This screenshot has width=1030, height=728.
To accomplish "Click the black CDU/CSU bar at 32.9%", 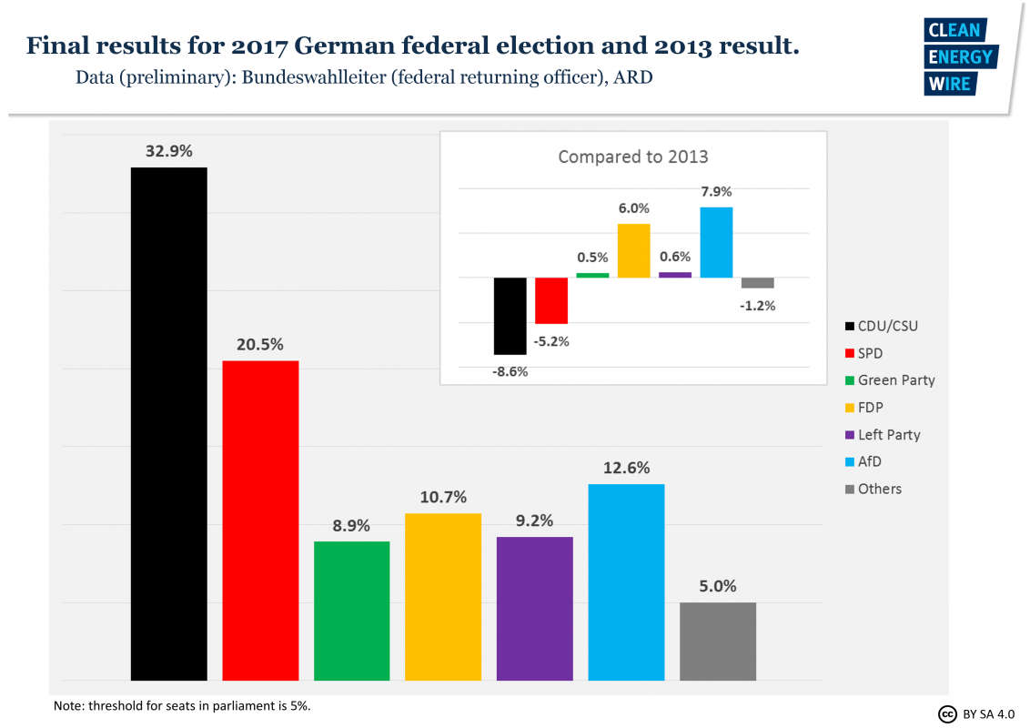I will click(x=169, y=423).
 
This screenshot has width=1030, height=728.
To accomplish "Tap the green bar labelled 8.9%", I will click(x=352, y=611).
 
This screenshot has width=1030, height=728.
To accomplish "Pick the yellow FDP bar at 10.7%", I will click(x=443, y=597).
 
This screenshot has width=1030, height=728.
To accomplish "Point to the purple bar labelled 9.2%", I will click(x=535, y=609).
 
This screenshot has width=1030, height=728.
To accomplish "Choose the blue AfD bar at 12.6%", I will click(x=626, y=582).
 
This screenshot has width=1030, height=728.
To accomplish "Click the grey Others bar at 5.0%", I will click(x=718, y=642).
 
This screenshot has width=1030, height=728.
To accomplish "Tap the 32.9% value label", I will click(x=169, y=152).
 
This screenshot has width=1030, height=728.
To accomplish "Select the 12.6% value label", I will click(x=626, y=468).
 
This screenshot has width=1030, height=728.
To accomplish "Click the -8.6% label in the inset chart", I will click(x=510, y=371).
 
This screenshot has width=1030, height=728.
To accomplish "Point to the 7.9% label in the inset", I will click(x=715, y=192).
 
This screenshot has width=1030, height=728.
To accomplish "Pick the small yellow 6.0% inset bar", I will click(x=634, y=250).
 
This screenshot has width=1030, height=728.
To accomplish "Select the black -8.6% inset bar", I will click(x=510, y=316).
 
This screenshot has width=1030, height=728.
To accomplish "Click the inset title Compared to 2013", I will click(x=633, y=157).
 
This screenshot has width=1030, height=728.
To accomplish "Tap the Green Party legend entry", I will click(x=895, y=380).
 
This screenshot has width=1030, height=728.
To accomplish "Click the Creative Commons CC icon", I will click(x=947, y=713).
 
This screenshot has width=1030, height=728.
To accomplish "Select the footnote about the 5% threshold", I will click(x=183, y=705).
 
